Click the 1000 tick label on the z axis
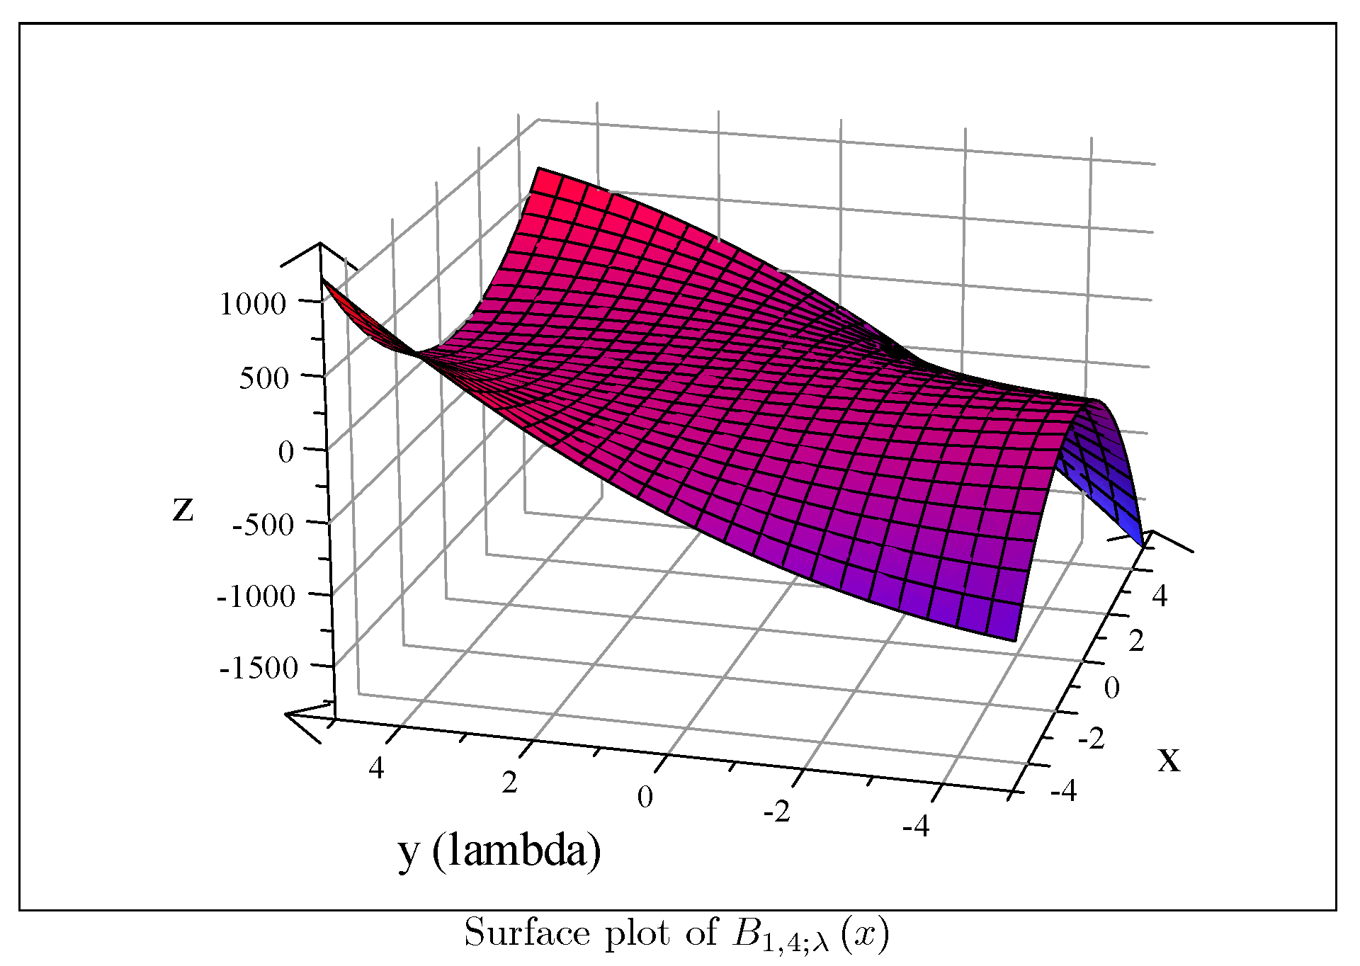[x=253, y=305]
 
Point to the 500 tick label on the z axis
[x=263, y=378]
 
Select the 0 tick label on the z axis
[x=285, y=452]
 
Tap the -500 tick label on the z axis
[x=263, y=525]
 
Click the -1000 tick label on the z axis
[x=256, y=596]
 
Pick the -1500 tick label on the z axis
[x=259, y=668]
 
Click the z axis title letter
[x=183, y=508]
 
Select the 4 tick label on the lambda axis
[x=376, y=768]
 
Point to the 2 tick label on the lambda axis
[x=509, y=783]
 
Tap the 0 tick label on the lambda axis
[x=645, y=797]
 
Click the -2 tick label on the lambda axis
[x=776, y=812]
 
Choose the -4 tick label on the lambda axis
[x=916, y=826]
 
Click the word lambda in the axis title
[x=516, y=851]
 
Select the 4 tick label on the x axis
[x=1160, y=596]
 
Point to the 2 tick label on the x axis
[x=1136, y=642]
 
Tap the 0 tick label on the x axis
[x=1112, y=688]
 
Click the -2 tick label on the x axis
[x=1091, y=739]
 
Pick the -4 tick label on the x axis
[x=1064, y=790]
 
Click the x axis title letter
[x=1169, y=760]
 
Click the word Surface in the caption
[x=527, y=933]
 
